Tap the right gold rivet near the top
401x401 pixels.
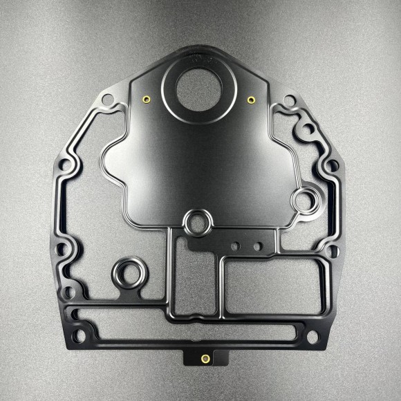(251, 100)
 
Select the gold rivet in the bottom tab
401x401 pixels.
(204, 358)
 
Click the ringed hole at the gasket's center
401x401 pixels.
(198, 223)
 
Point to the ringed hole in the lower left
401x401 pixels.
(129, 273)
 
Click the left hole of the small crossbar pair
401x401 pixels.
(236, 246)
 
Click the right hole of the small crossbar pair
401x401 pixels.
(257, 245)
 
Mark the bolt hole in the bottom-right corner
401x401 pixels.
(313, 337)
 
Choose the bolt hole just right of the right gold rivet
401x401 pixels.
(290, 101)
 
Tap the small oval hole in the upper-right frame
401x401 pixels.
(303, 129)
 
